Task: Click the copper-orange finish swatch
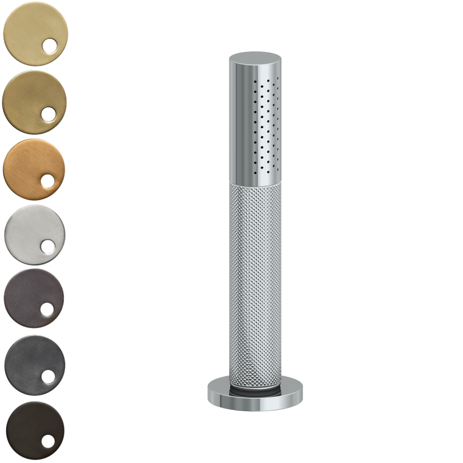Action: pyautogui.click(x=30, y=167)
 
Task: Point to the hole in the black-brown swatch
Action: pyautogui.click(x=48, y=441)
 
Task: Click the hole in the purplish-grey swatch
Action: pyautogui.click(x=47, y=310)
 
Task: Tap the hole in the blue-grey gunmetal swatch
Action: pyautogui.click(x=48, y=376)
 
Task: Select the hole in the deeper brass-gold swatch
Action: pyautogui.click(x=48, y=114)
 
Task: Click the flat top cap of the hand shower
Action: pyautogui.click(x=255, y=57)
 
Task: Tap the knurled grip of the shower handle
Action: pyautogui.click(x=255, y=278)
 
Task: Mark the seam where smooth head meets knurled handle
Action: pyautogui.click(x=255, y=182)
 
